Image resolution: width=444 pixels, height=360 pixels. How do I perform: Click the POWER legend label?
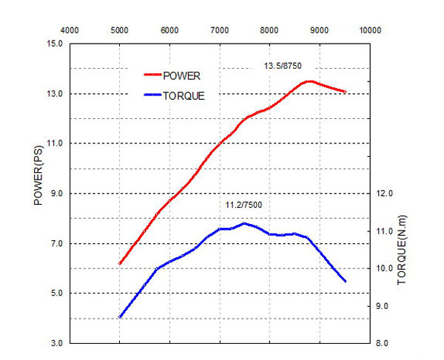pos(182,75)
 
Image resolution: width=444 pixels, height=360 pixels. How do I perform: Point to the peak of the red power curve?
pos(309,81)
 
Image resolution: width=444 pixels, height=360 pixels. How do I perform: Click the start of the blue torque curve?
pos(120,317)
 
